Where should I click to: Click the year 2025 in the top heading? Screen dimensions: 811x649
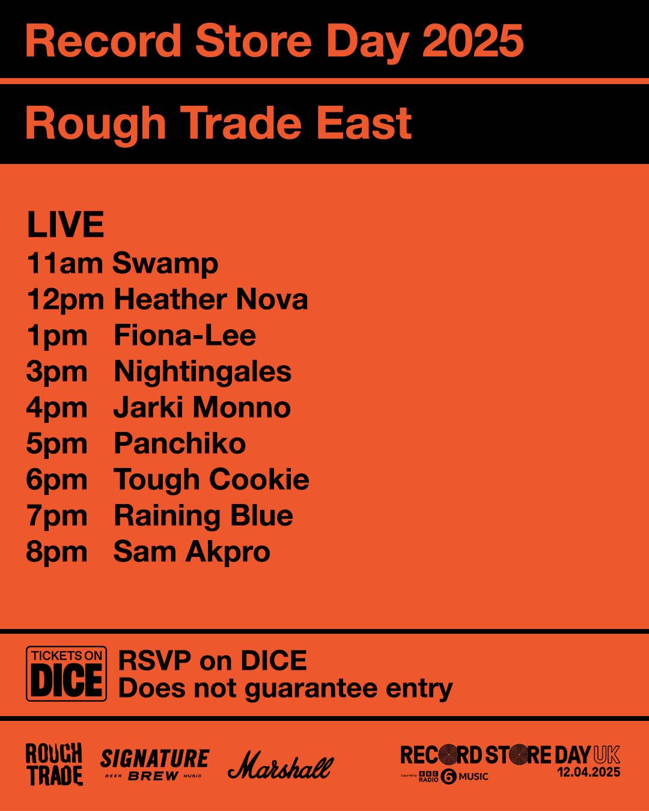pyautogui.click(x=472, y=41)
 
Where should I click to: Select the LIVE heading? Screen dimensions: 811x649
pyautogui.click(x=66, y=225)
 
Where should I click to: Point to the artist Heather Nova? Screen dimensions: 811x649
pyautogui.click(x=211, y=299)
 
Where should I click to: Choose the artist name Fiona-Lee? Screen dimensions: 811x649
pyautogui.click(x=184, y=335)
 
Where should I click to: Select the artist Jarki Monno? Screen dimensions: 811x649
pyautogui.click(x=202, y=407)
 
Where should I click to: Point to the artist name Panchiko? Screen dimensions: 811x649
pyautogui.click(x=180, y=444)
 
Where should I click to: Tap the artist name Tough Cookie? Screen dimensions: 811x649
pyautogui.click(x=212, y=479)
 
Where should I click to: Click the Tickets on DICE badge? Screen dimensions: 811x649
pyautogui.click(x=66, y=673)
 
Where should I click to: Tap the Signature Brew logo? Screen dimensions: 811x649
pyautogui.click(x=154, y=764)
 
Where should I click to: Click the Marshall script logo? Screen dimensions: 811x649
pyautogui.click(x=280, y=766)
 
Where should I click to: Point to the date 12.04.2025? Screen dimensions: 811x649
pyautogui.click(x=588, y=773)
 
